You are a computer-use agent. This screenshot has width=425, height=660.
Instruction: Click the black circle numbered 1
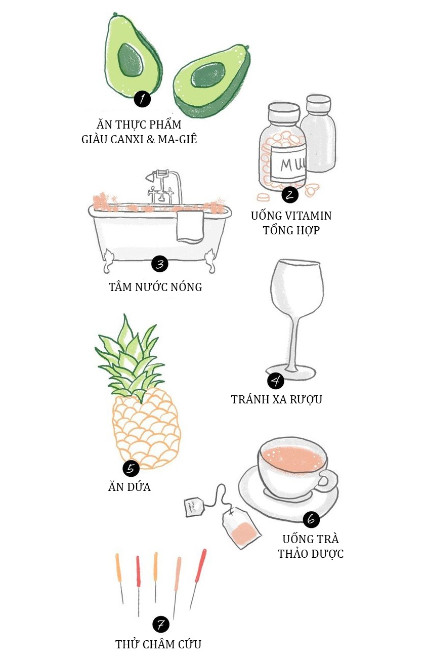142,99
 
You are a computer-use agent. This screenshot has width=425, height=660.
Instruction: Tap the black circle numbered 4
276,381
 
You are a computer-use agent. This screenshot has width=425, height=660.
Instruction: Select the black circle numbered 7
161,625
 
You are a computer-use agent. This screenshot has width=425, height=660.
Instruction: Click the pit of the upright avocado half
131,60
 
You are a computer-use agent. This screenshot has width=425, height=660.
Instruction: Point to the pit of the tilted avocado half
207,75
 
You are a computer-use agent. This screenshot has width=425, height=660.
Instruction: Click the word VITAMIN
307,216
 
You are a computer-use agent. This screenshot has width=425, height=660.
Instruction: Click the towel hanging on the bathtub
190,226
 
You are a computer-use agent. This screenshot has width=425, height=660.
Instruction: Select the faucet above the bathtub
163,186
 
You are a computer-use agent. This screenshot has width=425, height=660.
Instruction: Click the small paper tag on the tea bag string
194,507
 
